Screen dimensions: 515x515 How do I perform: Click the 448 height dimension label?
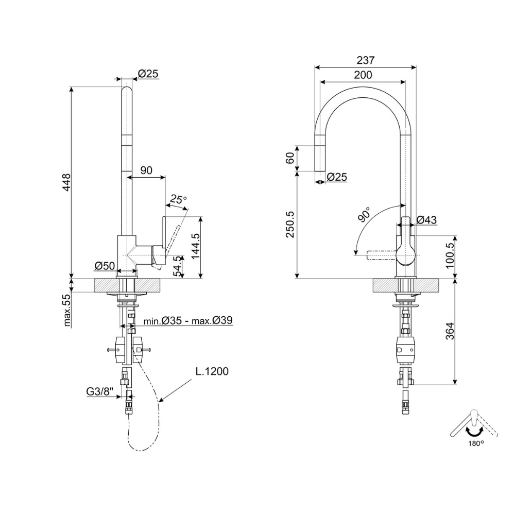click(66, 183)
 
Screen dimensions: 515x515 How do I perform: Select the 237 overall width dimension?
click(366, 60)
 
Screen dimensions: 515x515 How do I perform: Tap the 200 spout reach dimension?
click(363, 75)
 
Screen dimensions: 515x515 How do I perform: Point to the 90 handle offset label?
click(146, 170)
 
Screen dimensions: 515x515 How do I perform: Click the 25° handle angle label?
click(178, 199)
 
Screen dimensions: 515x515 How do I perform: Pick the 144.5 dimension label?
click(196, 246)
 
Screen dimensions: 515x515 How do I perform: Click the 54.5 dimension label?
click(178, 267)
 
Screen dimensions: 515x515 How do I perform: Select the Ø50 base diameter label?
click(105, 266)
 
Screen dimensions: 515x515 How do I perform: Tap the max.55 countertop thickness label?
click(67, 310)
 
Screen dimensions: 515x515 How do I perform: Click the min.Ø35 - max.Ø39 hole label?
click(188, 320)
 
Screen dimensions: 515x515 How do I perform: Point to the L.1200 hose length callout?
click(212, 371)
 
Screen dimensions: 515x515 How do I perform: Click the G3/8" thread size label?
click(100, 391)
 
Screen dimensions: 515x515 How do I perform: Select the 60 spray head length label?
click(290, 158)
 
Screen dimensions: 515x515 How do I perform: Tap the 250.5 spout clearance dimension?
click(290, 225)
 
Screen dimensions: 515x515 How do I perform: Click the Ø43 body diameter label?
click(427, 220)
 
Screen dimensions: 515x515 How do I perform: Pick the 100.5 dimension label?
click(450, 255)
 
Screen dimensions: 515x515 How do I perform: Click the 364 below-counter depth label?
click(450, 331)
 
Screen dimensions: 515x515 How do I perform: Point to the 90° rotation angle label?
click(364, 215)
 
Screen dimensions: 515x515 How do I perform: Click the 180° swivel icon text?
click(476, 443)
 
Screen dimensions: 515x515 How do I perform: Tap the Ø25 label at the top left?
click(148, 74)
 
